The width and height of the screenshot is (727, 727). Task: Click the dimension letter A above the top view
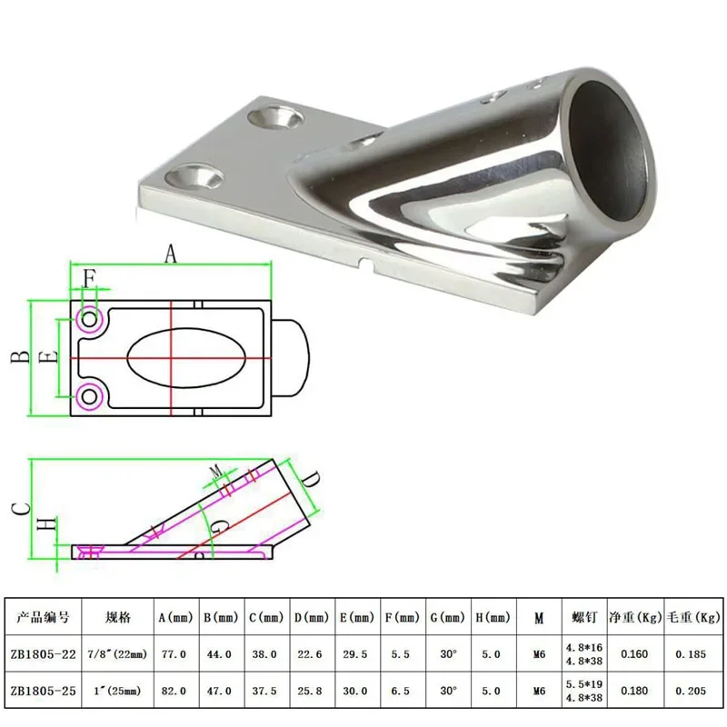171,254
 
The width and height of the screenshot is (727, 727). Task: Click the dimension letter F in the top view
89,279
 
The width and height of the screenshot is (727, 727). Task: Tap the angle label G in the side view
219,527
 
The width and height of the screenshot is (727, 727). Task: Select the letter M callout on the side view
216,472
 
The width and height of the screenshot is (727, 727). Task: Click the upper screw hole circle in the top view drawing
89,320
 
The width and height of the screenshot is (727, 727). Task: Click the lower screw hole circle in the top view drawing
89,396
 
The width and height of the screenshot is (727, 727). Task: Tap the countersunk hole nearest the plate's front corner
194,176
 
